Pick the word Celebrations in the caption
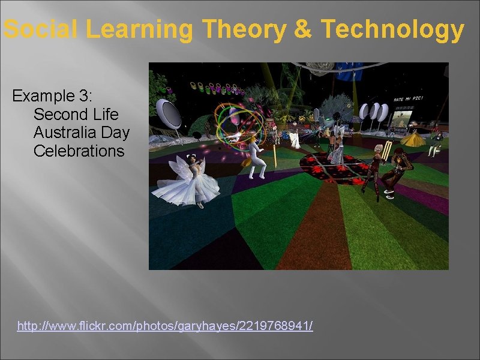79,151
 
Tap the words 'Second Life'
76,114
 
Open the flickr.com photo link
165,326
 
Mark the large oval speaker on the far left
167,115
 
